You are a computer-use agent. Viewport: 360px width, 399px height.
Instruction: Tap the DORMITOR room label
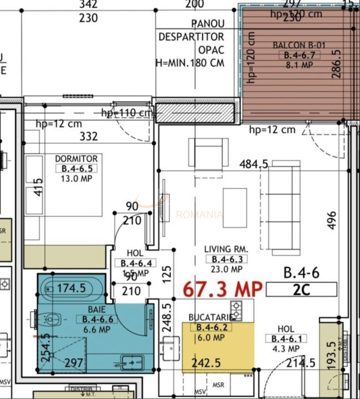[x=76, y=159]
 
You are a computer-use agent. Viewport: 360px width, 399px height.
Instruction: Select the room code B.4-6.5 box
[x=76, y=169]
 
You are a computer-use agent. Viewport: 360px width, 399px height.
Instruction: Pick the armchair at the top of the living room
[x=208, y=154]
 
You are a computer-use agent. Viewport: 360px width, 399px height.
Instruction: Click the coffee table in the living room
[x=235, y=208]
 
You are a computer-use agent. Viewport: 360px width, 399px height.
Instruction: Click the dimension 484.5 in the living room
[x=254, y=164]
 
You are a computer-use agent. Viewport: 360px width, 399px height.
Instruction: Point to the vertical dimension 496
[x=332, y=220]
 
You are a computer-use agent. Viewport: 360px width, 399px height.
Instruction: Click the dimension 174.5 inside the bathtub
[x=71, y=288]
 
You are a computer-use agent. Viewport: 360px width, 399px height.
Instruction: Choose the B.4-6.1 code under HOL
[x=286, y=339]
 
